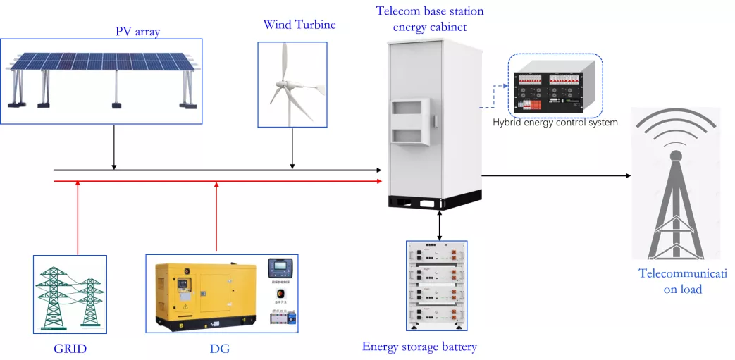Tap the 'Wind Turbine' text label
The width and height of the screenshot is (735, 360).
(x=299, y=25)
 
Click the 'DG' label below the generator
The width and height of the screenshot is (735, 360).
(x=221, y=349)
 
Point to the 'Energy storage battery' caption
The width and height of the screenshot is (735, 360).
(x=419, y=347)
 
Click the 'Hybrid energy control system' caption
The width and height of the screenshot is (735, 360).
(x=555, y=123)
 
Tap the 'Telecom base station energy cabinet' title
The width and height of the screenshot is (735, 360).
(x=430, y=19)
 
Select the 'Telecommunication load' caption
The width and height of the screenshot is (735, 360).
(x=682, y=281)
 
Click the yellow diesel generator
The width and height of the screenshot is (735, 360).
(x=204, y=292)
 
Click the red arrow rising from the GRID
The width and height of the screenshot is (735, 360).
(x=78, y=218)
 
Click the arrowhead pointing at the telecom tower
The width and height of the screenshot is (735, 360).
(x=626, y=175)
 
